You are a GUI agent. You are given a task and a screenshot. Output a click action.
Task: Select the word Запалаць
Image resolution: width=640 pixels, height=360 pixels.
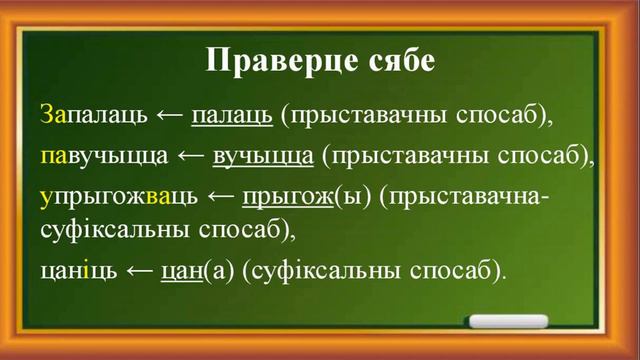tap(96, 115)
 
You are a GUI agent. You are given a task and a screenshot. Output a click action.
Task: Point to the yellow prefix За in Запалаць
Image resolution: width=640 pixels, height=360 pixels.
tap(53, 115)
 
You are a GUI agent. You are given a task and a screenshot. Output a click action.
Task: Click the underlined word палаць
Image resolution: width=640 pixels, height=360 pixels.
tap(231, 115)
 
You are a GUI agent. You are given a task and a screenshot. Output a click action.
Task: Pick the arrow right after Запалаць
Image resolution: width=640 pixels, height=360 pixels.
tap(169, 115)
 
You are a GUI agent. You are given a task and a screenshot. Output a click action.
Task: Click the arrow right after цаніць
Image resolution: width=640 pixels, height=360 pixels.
tap(138, 269)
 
